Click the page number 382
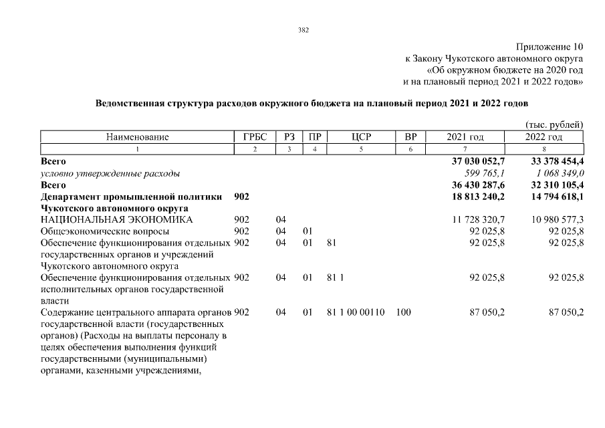303,30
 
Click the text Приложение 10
550,47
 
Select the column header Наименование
137,137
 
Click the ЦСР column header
360,137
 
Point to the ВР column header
410,137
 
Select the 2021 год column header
465,137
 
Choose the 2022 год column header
543,137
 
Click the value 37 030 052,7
478,162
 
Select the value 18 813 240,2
478,197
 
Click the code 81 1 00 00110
356,312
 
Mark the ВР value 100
403,312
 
